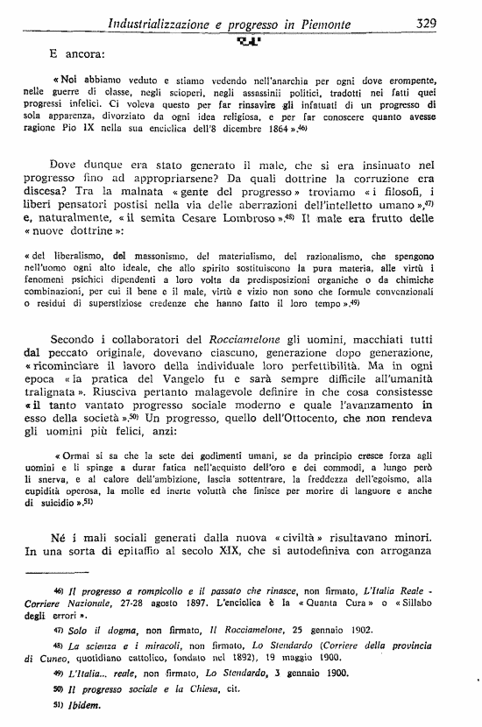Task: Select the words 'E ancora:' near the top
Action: pos(77,53)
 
